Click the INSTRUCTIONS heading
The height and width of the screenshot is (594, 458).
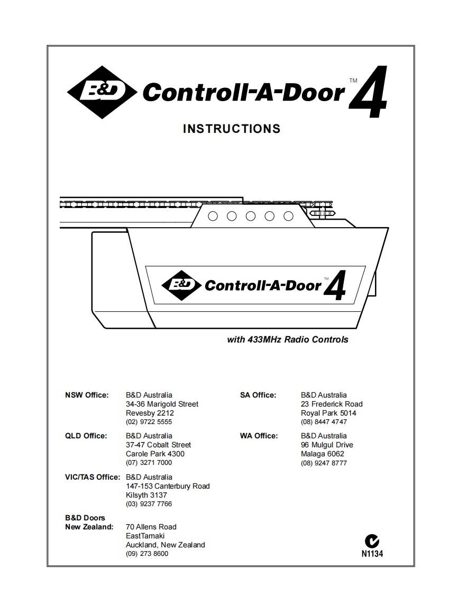[x=231, y=129]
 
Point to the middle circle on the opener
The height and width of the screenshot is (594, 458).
[x=250, y=216]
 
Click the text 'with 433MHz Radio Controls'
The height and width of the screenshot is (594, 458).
[x=288, y=339]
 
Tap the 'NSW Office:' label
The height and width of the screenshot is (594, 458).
[x=87, y=395]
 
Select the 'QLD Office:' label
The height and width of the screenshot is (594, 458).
[x=86, y=436]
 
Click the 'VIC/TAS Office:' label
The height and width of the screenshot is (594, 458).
[x=93, y=477]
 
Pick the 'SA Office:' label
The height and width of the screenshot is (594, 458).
[x=258, y=395]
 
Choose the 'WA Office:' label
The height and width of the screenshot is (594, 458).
[x=259, y=436]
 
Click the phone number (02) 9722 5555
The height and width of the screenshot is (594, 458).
[x=149, y=422]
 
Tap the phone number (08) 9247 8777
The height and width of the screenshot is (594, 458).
[x=324, y=463]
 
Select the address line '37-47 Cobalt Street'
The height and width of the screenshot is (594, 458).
[x=158, y=445]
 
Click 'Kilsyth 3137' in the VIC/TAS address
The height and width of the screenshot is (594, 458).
[x=146, y=495]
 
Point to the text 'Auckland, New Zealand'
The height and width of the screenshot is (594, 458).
[x=165, y=545]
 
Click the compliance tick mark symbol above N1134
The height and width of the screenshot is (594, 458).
[x=372, y=542]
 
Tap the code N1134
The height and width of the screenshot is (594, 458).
[x=372, y=554]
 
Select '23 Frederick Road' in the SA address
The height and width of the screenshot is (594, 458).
[x=332, y=404]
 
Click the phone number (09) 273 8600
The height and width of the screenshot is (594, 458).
[x=147, y=554]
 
